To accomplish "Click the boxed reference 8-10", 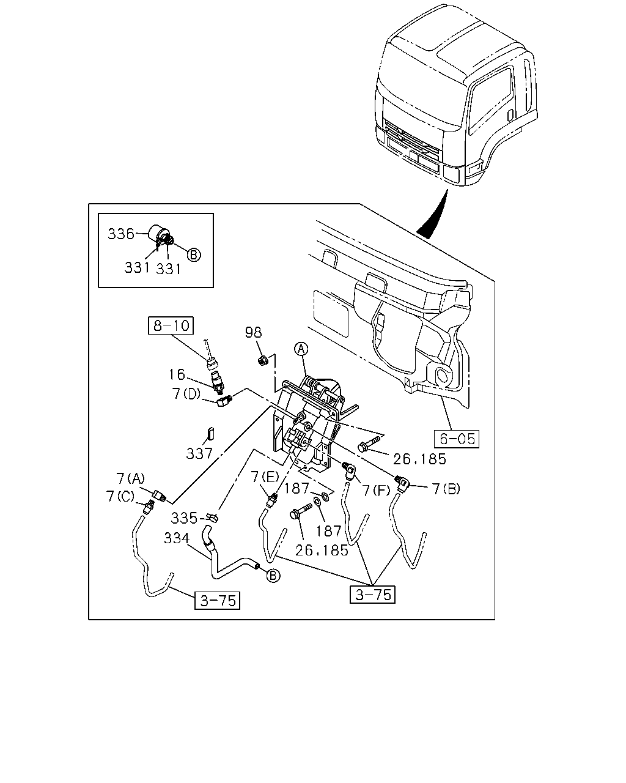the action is (x=171, y=325).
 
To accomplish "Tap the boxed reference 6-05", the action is (x=457, y=439).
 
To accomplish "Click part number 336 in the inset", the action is (x=121, y=234).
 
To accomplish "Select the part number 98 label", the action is (x=253, y=332).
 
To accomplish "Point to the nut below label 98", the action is (x=263, y=360).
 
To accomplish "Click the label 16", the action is (x=177, y=374).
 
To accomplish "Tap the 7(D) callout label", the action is (x=186, y=394).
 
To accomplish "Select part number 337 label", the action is (x=199, y=454).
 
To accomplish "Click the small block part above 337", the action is (x=211, y=434).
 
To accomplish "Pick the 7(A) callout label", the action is (x=130, y=478).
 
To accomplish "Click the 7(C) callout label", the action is (x=120, y=496).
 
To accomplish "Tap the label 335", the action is (x=184, y=518).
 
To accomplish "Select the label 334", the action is (x=177, y=538).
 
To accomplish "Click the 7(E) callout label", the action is (x=265, y=477).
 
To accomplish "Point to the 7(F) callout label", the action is (x=376, y=491).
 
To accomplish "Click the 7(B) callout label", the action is (x=446, y=489).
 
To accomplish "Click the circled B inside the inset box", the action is (x=194, y=254).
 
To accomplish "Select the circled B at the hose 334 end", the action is (x=273, y=576).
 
